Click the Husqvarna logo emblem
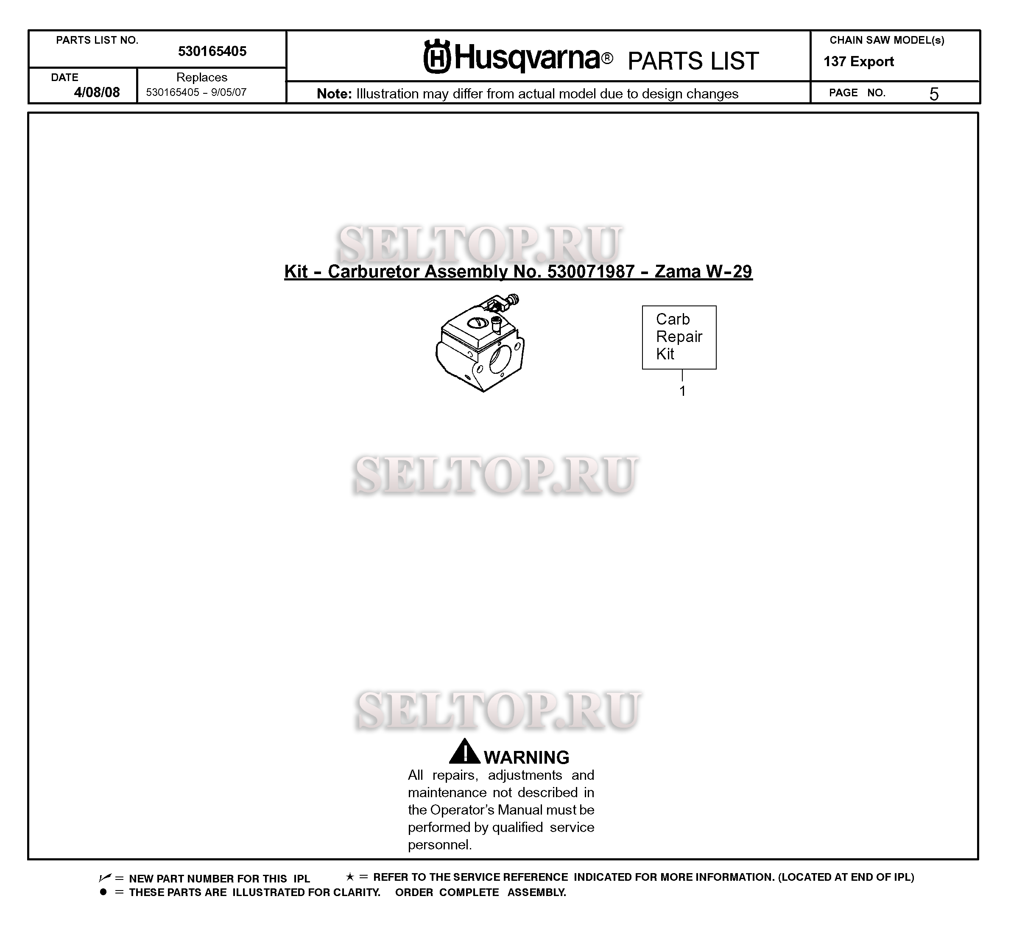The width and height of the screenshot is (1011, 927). [437, 57]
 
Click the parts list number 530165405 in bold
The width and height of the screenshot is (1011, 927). [212, 51]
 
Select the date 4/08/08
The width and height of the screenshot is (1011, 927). [97, 92]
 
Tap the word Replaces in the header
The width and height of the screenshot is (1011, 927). [201, 77]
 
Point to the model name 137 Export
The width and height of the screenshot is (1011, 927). [859, 62]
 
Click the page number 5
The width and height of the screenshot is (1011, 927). [933, 94]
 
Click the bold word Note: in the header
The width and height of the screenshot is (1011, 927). [334, 94]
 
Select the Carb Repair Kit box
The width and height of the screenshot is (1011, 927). [679, 337]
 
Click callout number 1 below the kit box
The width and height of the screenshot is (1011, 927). [682, 391]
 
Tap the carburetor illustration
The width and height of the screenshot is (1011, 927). [480, 346]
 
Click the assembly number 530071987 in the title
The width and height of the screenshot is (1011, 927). [591, 272]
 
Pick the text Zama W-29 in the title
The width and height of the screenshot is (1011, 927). [703, 272]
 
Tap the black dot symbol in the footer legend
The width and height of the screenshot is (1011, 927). [103, 892]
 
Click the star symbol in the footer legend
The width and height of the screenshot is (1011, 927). [349, 877]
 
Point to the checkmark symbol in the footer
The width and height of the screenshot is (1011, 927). [104, 878]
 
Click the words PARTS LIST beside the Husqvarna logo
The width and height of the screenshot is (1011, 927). [693, 61]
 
